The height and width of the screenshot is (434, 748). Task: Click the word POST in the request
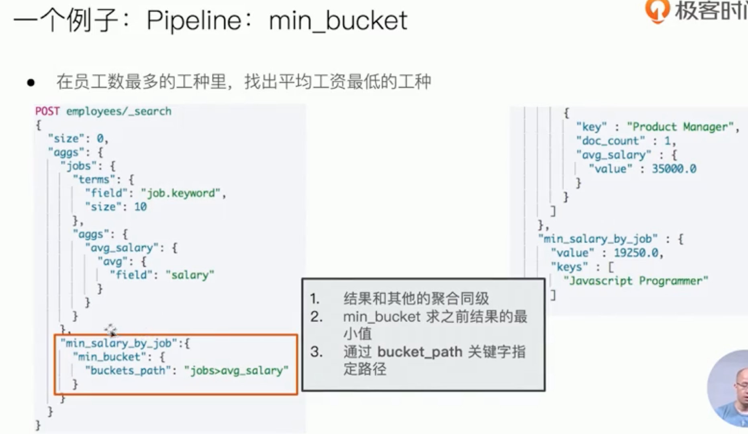pyautogui.click(x=47, y=111)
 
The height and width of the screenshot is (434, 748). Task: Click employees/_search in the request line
pyautogui.click(x=119, y=111)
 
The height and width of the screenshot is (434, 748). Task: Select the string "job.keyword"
pyautogui.click(x=180, y=193)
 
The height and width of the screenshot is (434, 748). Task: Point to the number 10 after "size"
pyautogui.click(x=140, y=207)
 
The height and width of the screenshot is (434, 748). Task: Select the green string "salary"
pyautogui.click(x=190, y=275)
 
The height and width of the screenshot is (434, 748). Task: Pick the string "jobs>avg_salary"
pyautogui.click(x=236, y=371)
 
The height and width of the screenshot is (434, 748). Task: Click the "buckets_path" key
pyautogui.click(x=128, y=371)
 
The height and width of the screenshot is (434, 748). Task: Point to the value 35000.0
pyautogui.click(x=674, y=169)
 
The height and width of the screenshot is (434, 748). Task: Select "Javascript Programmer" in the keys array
pyautogui.click(x=636, y=280)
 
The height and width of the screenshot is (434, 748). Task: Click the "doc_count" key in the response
pyautogui.click(x=610, y=141)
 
